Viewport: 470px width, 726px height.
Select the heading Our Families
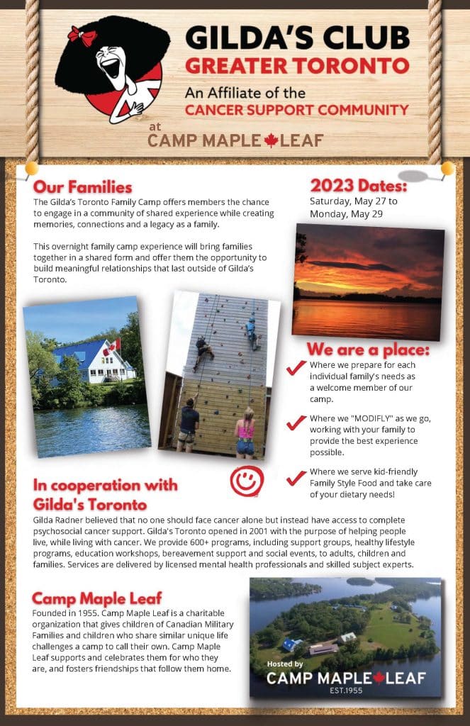click(x=82, y=187)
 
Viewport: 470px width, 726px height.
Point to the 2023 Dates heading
click(x=359, y=186)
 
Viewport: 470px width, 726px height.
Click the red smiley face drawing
click(x=247, y=481)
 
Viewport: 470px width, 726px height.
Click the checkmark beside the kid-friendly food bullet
click(x=296, y=478)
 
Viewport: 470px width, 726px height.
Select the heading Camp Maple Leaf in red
click(x=97, y=598)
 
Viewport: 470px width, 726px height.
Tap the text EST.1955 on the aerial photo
click(x=346, y=691)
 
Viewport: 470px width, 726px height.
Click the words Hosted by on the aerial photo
click(x=285, y=664)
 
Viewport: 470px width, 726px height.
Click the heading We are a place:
click(x=368, y=349)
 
